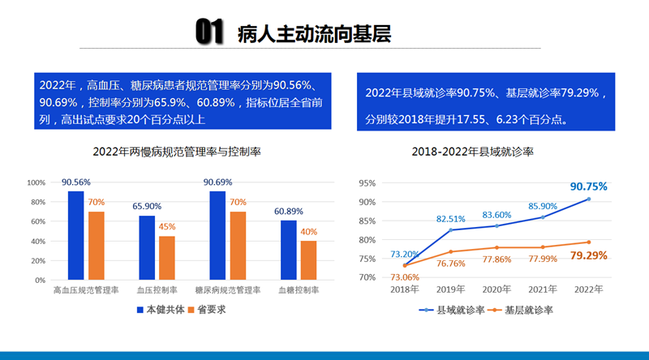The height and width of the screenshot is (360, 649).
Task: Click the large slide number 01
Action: tap(209, 32)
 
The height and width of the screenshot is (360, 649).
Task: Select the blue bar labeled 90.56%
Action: tap(75, 235)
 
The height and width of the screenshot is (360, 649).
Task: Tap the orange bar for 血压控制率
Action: tap(166, 258)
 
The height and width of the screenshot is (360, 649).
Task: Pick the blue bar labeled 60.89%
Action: tap(289, 250)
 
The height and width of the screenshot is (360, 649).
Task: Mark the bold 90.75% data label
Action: tap(588, 186)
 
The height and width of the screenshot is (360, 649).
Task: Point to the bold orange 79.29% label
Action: tap(589, 255)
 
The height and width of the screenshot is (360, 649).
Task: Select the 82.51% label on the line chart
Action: tap(451, 219)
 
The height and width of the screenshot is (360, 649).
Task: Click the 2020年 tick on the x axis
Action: tap(496, 289)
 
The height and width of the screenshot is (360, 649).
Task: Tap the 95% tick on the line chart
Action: tap(367, 183)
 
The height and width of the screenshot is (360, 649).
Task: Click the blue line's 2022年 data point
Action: tap(589, 199)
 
